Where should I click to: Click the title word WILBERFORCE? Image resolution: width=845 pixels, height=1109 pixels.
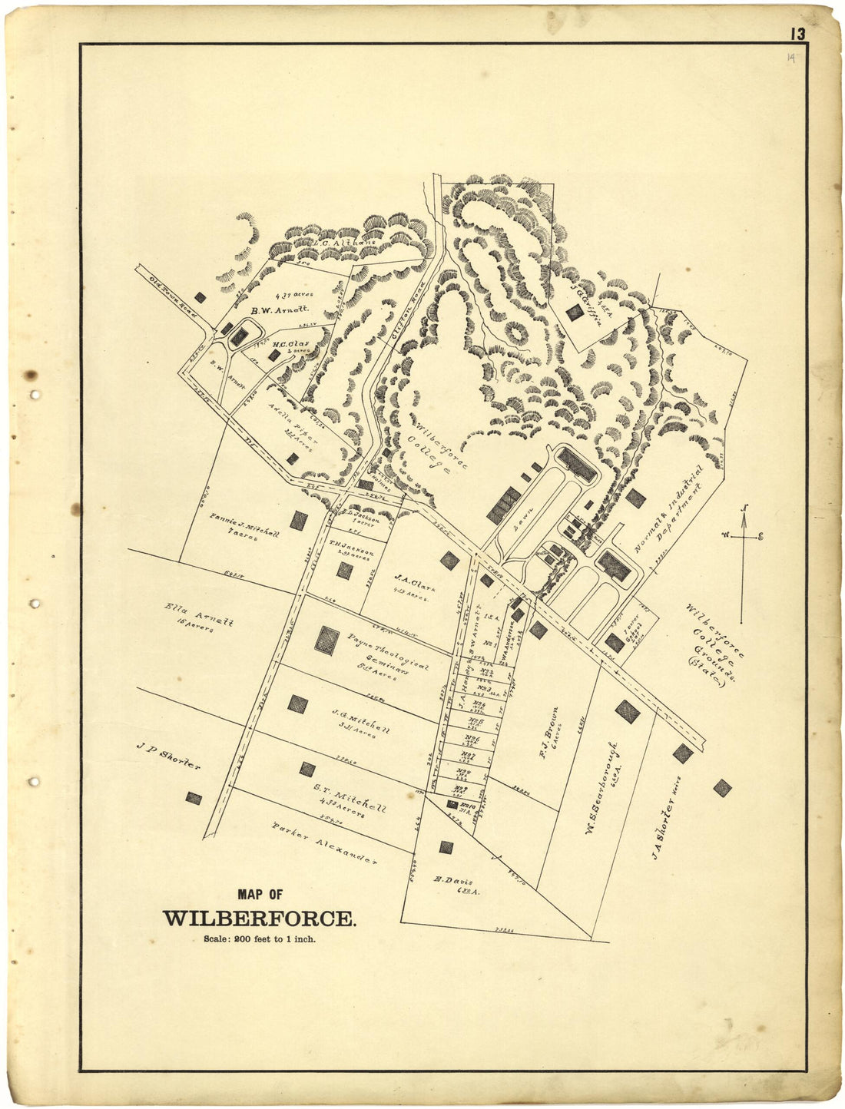pos(259,919)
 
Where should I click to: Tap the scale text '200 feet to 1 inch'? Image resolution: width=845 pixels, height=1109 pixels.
pos(259,939)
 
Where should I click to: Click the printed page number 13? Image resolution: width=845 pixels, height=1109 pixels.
pos(795,34)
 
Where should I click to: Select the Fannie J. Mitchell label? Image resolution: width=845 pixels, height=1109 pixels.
pos(244,526)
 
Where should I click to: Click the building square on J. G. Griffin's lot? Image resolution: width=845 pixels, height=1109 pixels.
pos(574,313)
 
